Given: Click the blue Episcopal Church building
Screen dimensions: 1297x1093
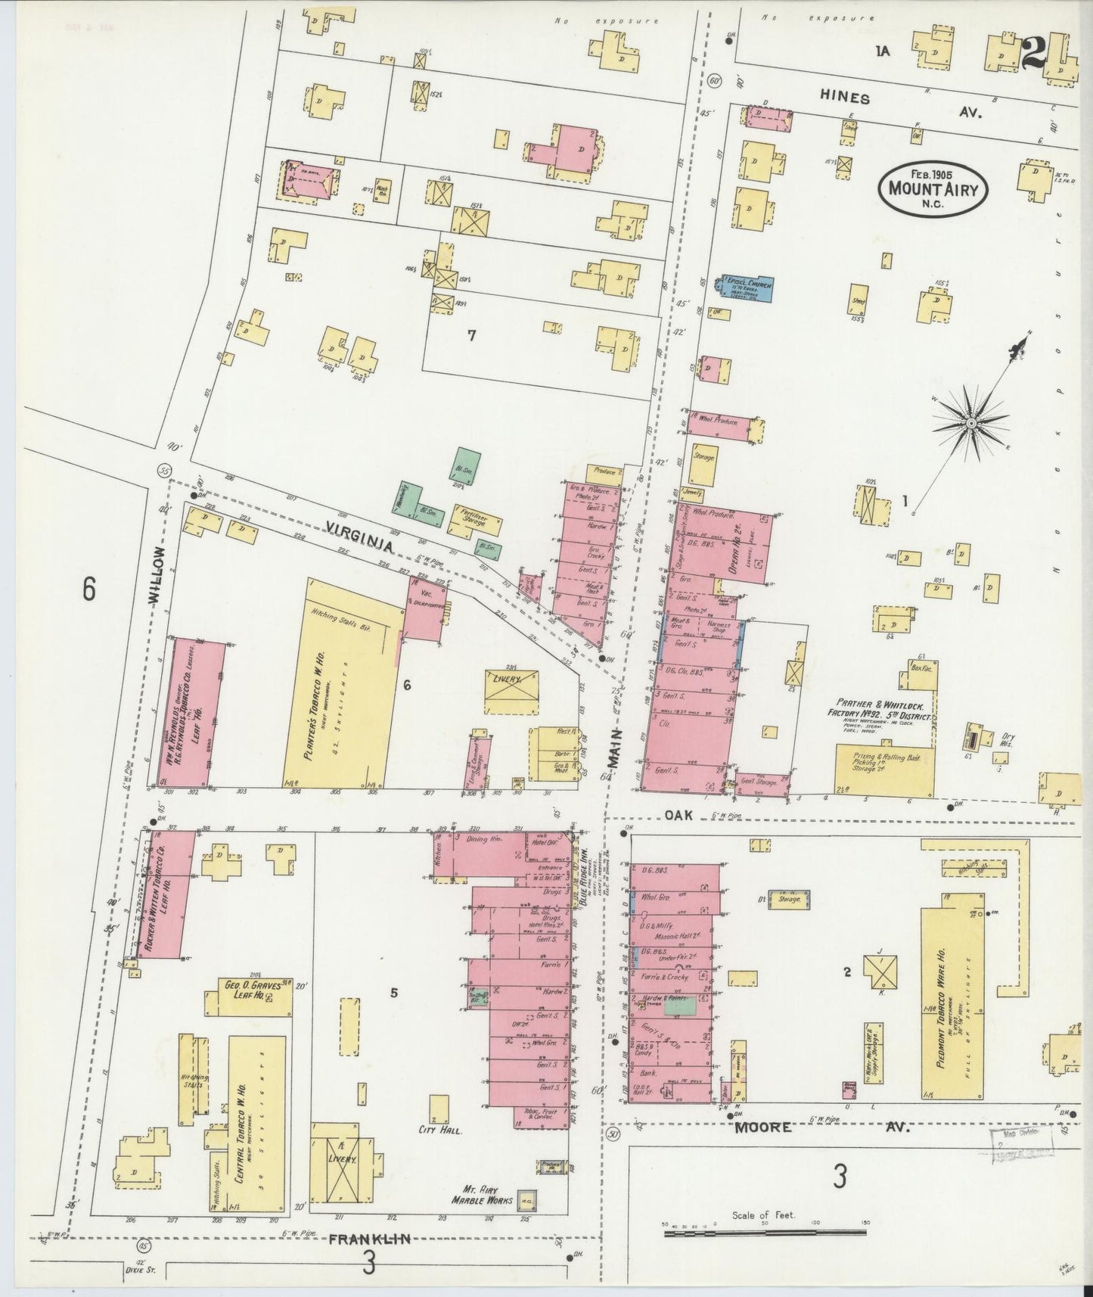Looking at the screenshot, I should coord(747,288).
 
